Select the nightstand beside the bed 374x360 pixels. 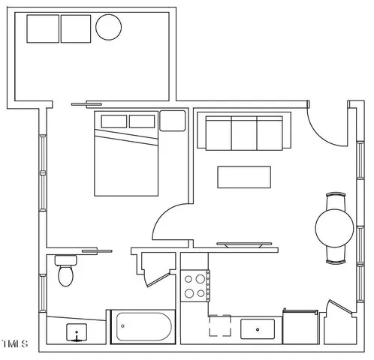pos(172,120)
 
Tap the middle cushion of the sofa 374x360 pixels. pos(244,133)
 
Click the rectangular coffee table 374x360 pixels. pos(244,177)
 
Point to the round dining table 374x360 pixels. pos(335,227)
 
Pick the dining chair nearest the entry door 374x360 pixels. pos(335,200)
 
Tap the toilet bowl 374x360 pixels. pos(66,277)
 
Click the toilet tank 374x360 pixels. pos(66,260)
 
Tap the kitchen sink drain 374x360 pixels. pos(259,328)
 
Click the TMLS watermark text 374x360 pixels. pos(14,345)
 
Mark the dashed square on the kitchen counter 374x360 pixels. pos(220,327)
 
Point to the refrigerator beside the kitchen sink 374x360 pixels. pos(301,326)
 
